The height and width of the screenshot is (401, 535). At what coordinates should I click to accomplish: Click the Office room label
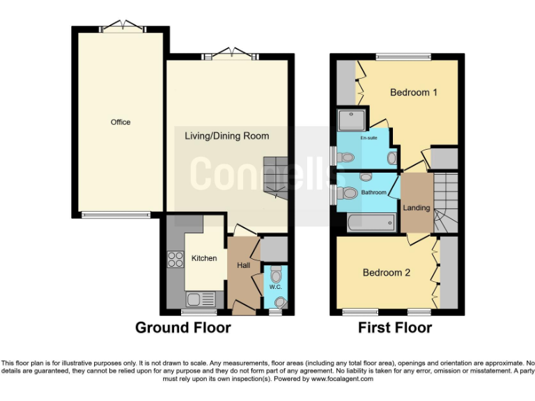(121, 123)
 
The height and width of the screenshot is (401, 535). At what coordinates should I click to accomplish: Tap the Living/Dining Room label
(226, 136)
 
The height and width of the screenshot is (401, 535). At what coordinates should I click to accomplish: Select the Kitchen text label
(204, 258)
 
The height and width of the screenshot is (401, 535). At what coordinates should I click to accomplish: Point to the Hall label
(243, 265)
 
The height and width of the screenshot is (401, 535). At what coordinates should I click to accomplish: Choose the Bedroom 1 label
(413, 92)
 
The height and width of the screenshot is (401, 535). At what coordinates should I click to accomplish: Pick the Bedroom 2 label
(387, 273)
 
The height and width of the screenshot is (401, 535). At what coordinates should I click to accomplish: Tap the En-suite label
(369, 138)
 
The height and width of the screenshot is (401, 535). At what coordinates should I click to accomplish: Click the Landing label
(417, 208)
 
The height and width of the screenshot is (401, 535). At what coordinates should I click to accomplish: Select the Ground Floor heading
(183, 327)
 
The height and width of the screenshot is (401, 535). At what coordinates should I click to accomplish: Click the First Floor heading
(396, 327)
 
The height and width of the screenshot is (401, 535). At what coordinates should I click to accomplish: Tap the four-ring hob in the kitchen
(173, 260)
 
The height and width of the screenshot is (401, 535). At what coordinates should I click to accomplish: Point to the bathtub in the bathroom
(371, 223)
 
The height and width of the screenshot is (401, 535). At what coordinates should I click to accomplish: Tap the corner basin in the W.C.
(280, 302)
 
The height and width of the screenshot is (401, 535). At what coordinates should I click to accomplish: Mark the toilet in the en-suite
(345, 157)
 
